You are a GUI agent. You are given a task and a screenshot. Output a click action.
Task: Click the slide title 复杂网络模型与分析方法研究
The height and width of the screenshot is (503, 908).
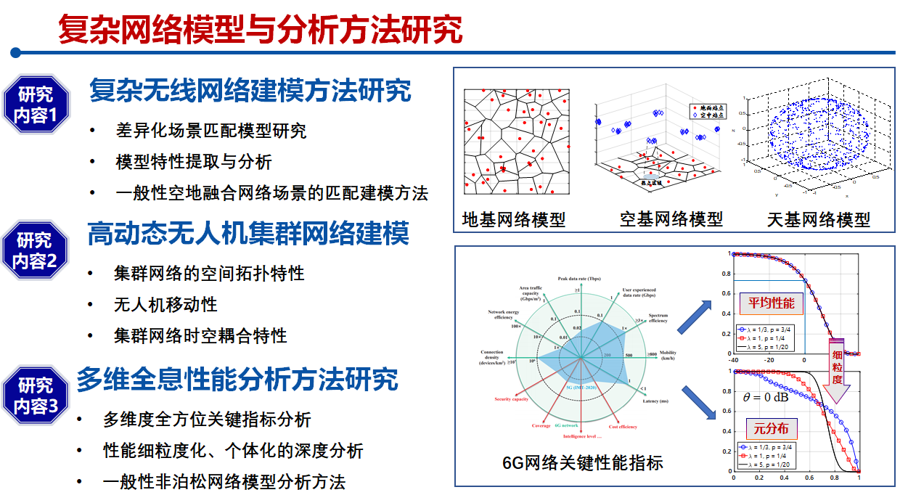260,30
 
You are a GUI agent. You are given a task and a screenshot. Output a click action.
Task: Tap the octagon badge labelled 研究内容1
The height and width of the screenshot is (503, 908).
36,105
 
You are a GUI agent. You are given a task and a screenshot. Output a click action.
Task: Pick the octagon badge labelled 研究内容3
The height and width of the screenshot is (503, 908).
36,396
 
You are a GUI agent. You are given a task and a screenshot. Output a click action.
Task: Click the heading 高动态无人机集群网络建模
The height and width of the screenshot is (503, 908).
248,234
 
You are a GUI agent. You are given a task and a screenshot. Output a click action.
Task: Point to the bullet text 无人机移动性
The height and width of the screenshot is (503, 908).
165,304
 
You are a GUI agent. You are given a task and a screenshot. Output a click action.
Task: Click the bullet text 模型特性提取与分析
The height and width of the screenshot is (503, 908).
194,162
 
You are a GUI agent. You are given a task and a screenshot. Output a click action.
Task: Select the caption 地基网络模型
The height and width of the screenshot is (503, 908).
514,218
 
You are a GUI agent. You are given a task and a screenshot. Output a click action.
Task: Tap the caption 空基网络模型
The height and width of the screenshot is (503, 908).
671,218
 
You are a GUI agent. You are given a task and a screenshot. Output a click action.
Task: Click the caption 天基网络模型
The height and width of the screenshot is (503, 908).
818,218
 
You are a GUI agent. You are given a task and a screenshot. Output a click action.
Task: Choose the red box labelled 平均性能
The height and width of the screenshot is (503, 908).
771,303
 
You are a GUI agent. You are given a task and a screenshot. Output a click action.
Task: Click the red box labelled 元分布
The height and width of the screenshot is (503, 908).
771,428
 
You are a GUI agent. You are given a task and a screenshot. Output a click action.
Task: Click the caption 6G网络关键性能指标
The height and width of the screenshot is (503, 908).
582,462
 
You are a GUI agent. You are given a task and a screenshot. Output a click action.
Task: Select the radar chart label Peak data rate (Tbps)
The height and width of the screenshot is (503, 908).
578,279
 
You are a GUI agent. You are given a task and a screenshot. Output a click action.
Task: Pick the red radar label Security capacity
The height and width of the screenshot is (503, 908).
511,399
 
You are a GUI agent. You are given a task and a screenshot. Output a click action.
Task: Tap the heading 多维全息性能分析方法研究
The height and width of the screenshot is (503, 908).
237,379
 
